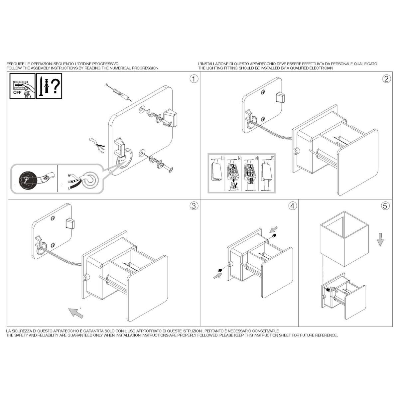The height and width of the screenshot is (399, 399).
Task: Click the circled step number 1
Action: pos(194,79)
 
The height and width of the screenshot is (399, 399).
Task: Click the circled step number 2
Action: pos(386,79)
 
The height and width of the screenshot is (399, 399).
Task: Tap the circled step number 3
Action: pos(194,206)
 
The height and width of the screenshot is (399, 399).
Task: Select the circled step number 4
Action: pos(292,206)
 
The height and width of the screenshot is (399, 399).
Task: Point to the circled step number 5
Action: pos(385,206)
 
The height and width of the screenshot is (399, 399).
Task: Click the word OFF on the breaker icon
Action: pos(17,92)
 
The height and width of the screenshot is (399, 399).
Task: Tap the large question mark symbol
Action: pos(55,86)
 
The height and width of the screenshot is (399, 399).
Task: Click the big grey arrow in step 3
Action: pos(76,314)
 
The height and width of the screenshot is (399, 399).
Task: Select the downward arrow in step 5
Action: pos(380,239)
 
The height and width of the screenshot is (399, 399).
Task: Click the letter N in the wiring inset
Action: pos(69,176)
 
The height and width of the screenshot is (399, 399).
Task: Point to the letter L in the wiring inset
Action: pos(69,188)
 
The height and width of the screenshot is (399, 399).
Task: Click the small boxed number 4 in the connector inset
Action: pos(273,158)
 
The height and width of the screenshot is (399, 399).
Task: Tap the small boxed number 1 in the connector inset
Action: pos(222,158)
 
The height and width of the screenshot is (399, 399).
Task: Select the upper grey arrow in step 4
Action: pos(274,229)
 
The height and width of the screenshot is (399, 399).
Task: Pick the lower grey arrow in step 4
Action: pos(217,276)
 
